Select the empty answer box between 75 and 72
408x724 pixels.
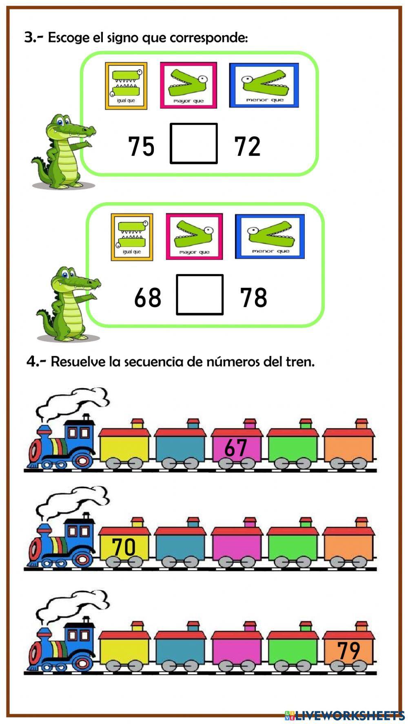[193, 143]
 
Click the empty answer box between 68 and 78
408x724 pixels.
[200, 295]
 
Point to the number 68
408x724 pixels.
[147, 297]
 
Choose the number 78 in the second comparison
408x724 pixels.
[253, 297]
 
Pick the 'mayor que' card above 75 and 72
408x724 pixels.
[188, 85]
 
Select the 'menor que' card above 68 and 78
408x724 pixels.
[270, 236]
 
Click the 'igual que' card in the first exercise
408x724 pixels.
[126, 86]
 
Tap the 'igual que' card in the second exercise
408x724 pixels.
[132, 237]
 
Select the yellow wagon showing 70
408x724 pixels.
[124, 546]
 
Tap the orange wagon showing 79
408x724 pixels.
[348, 650]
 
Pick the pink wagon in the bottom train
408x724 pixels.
[237, 651]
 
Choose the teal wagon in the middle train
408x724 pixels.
[180, 546]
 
